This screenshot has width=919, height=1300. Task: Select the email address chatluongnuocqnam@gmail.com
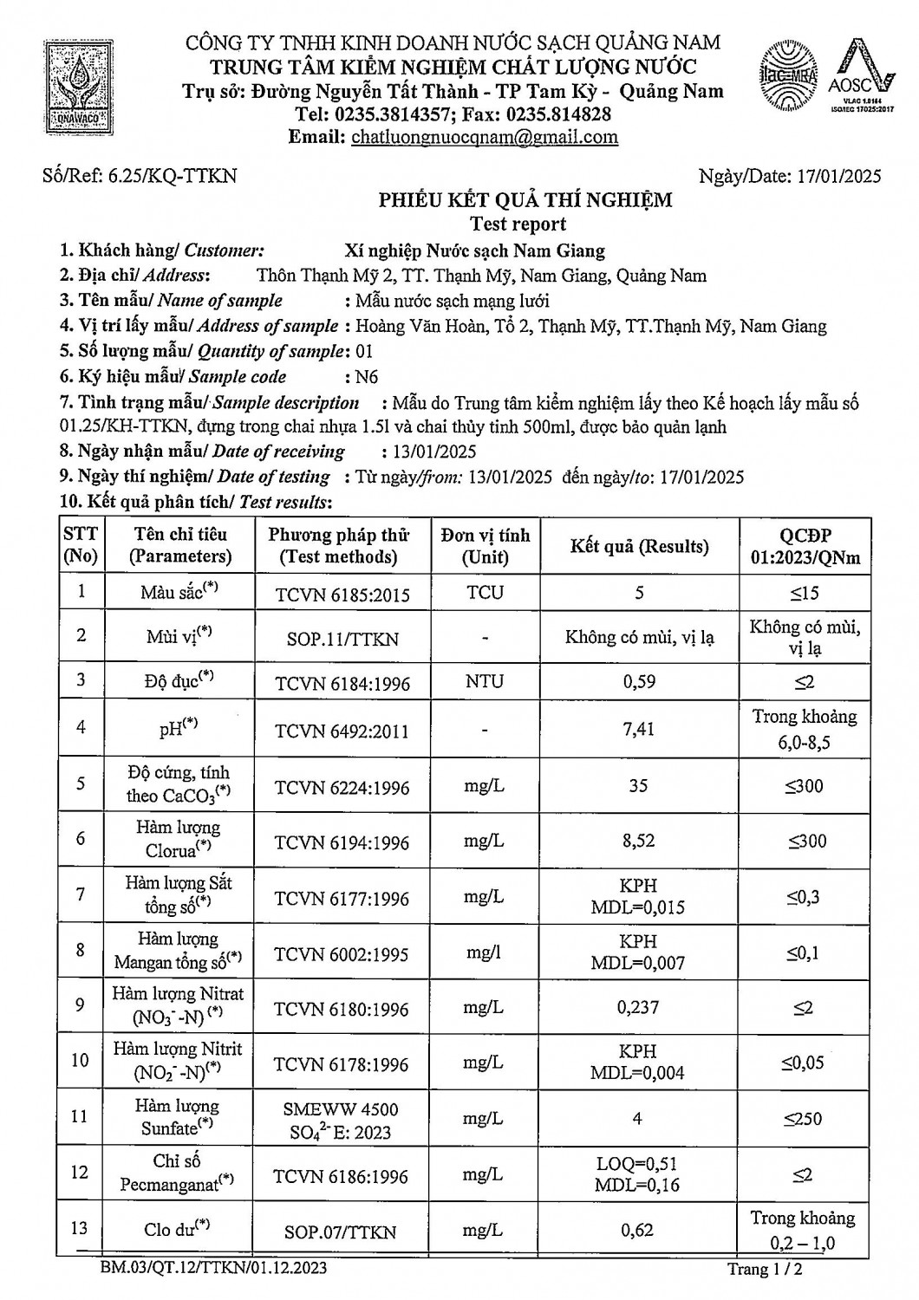click(484, 137)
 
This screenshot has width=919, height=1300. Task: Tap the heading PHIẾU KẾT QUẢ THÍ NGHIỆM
click(525, 201)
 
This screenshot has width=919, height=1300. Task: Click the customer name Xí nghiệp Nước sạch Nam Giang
click(474, 251)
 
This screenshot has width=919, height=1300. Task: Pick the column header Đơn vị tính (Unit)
click(485, 546)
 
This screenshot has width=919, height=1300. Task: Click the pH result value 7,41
click(639, 730)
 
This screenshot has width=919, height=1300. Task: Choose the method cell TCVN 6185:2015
click(342, 595)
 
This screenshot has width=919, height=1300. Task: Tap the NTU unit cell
click(485, 681)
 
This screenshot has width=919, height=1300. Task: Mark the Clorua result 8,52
click(639, 841)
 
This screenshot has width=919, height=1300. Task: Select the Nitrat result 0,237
click(639, 1007)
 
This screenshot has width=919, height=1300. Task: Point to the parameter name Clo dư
click(177, 1229)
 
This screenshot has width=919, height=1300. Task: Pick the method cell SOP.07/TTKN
click(341, 1232)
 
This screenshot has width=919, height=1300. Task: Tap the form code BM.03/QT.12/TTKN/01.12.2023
click(213, 1269)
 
